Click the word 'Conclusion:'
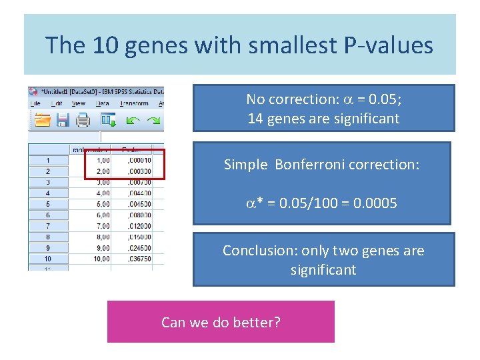[260, 251]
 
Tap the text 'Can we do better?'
[221, 323]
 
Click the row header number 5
[47, 204]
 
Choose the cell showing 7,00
[99, 226]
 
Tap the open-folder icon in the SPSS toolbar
[43, 120]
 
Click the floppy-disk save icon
[63, 120]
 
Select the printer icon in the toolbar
[83, 120]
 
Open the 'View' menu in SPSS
[78, 103]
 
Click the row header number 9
[47, 248]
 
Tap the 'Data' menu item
[103, 103]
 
